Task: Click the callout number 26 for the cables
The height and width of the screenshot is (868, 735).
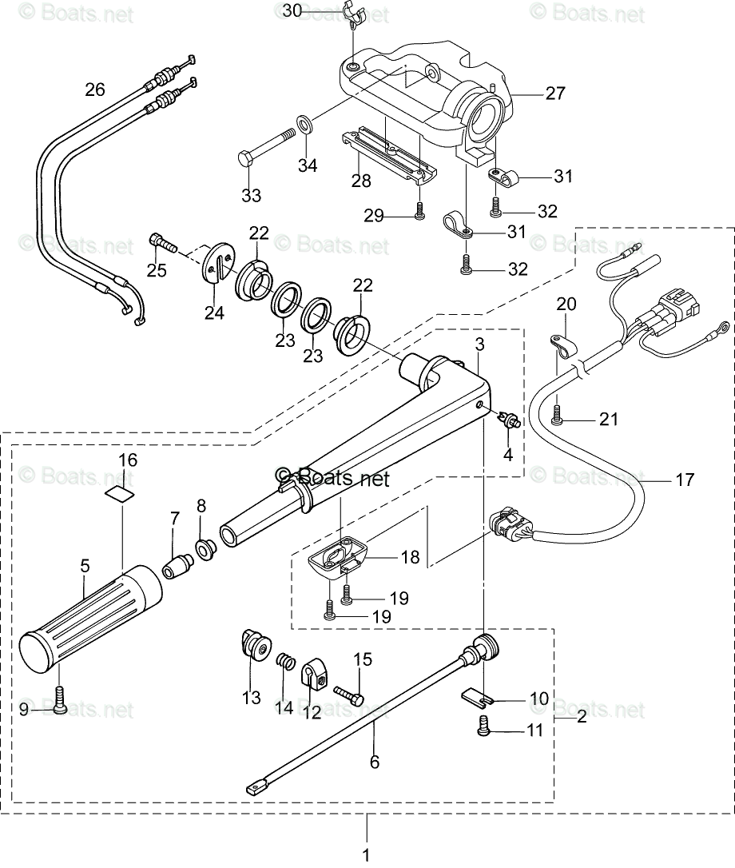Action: pyautogui.click(x=95, y=90)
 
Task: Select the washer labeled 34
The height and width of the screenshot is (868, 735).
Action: pyautogui.click(x=305, y=123)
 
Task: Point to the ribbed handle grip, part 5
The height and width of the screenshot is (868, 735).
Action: pyautogui.click(x=89, y=615)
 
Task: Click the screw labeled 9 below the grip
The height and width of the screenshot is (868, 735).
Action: pyautogui.click(x=60, y=698)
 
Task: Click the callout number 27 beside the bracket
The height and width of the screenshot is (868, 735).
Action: pyautogui.click(x=555, y=93)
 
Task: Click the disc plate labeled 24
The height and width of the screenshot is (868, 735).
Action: pyautogui.click(x=217, y=262)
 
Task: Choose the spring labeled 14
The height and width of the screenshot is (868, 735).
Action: pyautogui.click(x=284, y=663)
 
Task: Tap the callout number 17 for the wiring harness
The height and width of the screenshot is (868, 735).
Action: pyautogui.click(x=685, y=480)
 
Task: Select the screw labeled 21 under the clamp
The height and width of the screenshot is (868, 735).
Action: pyautogui.click(x=558, y=414)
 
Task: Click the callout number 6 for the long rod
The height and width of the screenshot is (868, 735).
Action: pyautogui.click(x=375, y=762)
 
